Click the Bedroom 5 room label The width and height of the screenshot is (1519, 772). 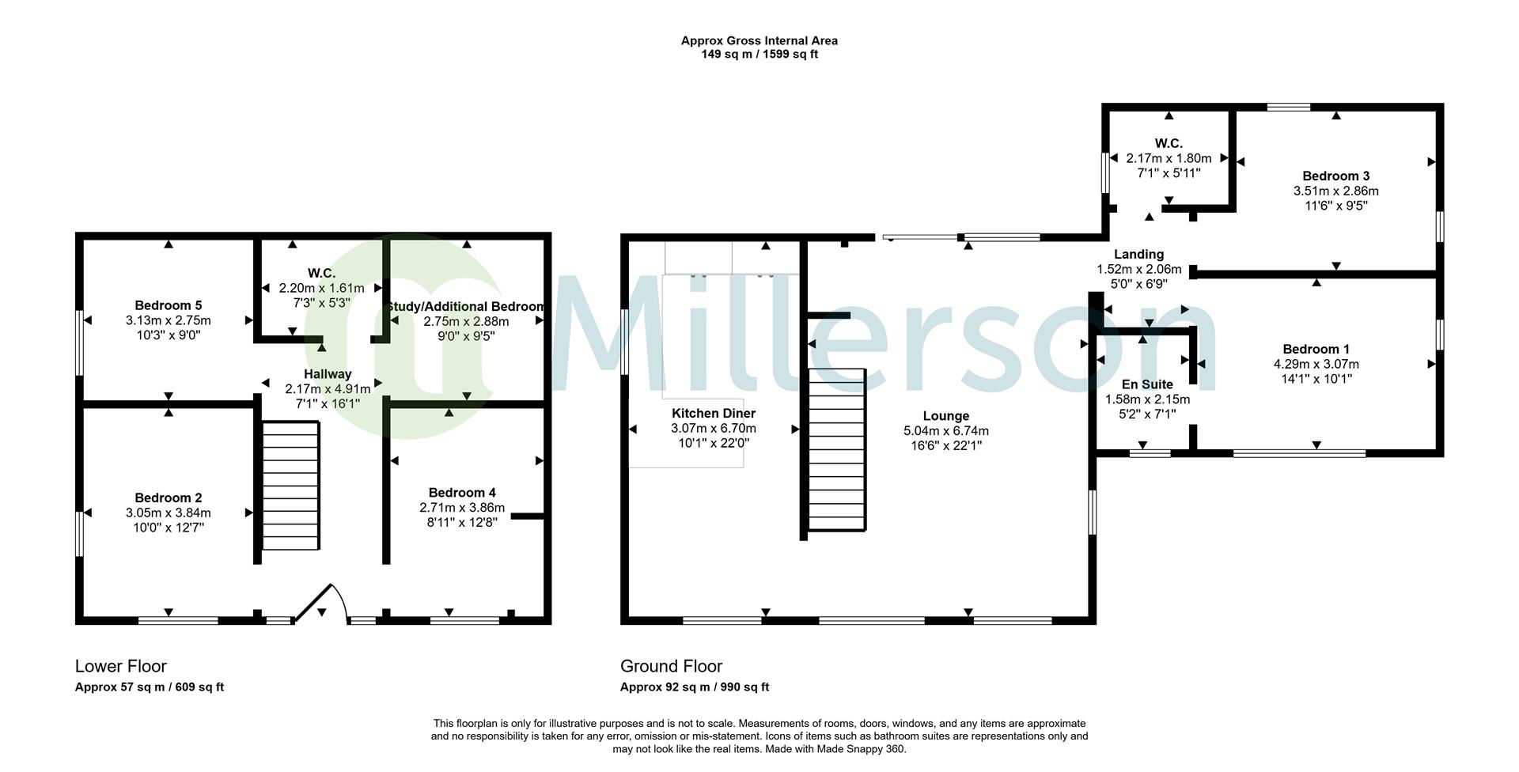click(x=168, y=305)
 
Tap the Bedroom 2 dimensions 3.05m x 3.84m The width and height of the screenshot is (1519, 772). click(x=168, y=513)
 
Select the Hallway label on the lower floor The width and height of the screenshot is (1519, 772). click(x=328, y=374)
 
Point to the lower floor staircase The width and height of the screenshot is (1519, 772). click(x=290, y=486)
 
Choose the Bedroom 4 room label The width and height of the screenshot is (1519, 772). click(x=462, y=493)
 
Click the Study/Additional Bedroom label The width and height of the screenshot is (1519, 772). click(x=465, y=307)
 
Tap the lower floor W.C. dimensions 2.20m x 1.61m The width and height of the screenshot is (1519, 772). click(x=321, y=288)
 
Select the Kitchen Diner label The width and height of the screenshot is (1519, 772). click(x=714, y=414)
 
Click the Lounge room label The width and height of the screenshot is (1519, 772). click(x=946, y=416)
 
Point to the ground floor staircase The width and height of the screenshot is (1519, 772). click(x=837, y=449)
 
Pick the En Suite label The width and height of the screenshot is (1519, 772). click(x=1147, y=384)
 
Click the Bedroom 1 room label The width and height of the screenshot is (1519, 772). click(x=1316, y=350)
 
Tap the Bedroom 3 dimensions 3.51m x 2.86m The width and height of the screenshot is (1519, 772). click(x=1336, y=191)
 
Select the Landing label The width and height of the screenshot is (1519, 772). click(x=1139, y=255)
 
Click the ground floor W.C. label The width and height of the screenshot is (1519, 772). click(x=1169, y=144)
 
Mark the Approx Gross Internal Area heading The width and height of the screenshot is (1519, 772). click(x=759, y=41)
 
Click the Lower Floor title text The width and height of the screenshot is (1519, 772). click(x=121, y=666)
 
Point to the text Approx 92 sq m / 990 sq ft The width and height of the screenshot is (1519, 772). click(x=695, y=687)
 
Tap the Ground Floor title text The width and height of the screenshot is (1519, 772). click(x=672, y=666)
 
